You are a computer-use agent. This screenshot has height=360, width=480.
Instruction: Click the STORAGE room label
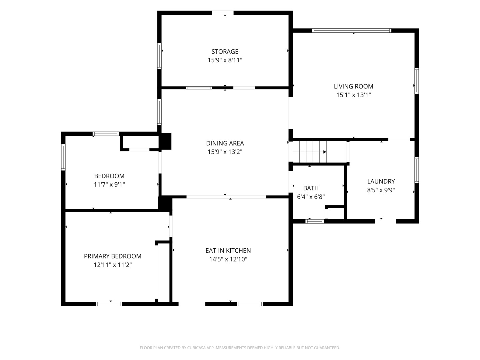click(x=225, y=52)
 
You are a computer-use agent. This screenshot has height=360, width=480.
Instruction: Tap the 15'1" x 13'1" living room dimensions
click(x=353, y=95)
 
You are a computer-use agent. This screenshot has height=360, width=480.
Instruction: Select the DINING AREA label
click(x=225, y=143)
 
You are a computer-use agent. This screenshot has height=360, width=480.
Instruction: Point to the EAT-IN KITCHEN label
click(x=228, y=250)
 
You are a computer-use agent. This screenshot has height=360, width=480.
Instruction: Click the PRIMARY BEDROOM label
click(x=113, y=256)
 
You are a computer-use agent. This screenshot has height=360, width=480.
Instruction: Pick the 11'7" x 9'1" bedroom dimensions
click(x=109, y=185)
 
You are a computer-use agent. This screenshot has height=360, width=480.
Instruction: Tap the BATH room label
click(x=311, y=188)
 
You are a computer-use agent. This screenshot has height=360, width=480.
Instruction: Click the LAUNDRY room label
click(x=381, y=181)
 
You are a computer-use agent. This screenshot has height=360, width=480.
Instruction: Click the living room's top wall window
click(x=351, y=31)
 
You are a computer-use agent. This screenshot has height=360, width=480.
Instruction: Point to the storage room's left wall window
click(x=159, y=56)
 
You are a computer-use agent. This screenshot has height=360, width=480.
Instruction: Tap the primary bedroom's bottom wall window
click(x=109, y=304)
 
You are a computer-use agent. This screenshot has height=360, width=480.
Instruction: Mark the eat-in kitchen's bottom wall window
click(x=250, y=304)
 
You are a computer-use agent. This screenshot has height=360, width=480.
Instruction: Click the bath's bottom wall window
click(x=314, y=221)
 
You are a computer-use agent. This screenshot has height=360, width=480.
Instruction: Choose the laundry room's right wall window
click(x=417, y=170)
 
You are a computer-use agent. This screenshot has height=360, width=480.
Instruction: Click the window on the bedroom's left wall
click(x=63, y=157)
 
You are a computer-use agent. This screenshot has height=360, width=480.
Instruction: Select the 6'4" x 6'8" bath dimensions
click(x=311, y=197)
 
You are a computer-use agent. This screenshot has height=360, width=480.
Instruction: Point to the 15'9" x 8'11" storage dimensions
click(x=225, y=60)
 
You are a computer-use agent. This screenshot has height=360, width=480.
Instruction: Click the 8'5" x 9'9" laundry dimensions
click(x=381, y=190)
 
